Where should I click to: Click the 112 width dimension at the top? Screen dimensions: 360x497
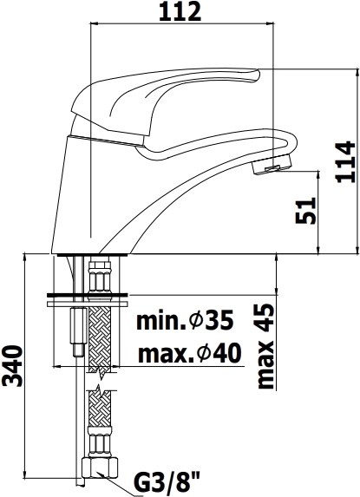tap(180, 11)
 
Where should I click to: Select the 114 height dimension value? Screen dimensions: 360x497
tap(345, 161)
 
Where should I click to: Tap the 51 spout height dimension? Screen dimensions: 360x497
tap(306, 211)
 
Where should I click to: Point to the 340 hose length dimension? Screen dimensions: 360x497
tap(13, 366)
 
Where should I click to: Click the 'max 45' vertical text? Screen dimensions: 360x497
tap(265, 346)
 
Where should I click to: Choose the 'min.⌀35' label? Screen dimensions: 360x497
tap(185, 320)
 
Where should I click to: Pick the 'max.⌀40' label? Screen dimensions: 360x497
tap(189, 353)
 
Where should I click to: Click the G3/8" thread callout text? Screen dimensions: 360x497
tap(167, 483)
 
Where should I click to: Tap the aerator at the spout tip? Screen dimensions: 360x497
tap(272, 163)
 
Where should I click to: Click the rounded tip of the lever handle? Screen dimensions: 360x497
tap(255, 76)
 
